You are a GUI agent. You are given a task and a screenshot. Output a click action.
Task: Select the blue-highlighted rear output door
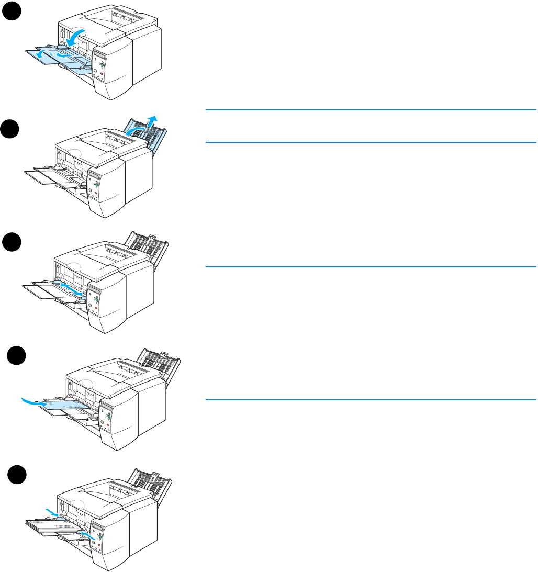tap(147, 136)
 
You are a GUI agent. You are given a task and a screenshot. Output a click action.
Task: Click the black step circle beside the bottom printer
tap(17, 476)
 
